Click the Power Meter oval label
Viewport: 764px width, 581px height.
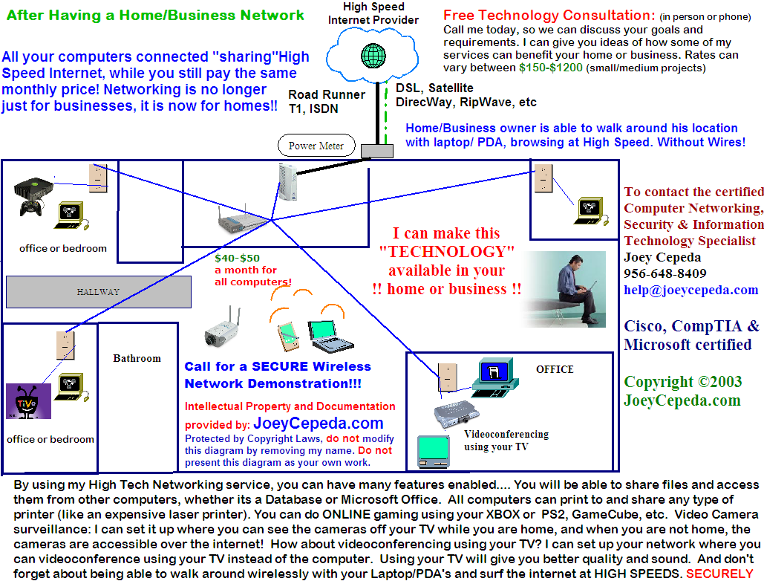click(x=316, y=146)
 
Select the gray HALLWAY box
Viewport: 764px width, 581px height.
click(x=97, y=291)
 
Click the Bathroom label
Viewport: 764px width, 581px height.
click(x=137, y=358)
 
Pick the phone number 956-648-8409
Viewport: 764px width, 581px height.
click(x=665, y=273)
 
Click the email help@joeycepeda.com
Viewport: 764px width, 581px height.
click(x=691, y=290)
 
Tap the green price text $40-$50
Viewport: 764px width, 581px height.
click(x=237, y=258)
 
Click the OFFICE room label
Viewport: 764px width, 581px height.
click(x=555, y=369)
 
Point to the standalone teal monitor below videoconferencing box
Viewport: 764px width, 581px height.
click(x=434, y=452)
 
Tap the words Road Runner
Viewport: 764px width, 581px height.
click(x=327, y=94)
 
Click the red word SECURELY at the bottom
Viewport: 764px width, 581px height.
click(x=719, y=573)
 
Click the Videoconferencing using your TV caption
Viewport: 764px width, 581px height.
click(x=506, y=440)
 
